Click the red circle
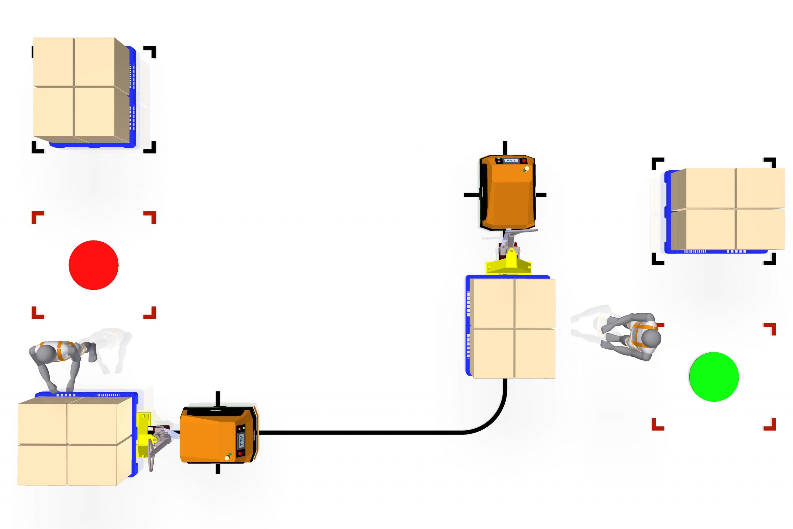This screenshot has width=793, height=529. coord(93,265)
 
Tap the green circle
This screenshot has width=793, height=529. coord(714,377)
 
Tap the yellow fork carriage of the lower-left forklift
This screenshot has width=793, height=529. coord(144,435)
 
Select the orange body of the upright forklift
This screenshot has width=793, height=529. coord(507,199)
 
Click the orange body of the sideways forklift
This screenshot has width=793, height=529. coord(212,435)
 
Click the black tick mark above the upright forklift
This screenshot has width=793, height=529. coord(505,148)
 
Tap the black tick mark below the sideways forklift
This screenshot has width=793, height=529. coord(217,469)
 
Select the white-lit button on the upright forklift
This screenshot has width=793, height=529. coord(527,168)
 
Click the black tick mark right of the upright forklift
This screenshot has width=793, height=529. coord(541,195)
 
